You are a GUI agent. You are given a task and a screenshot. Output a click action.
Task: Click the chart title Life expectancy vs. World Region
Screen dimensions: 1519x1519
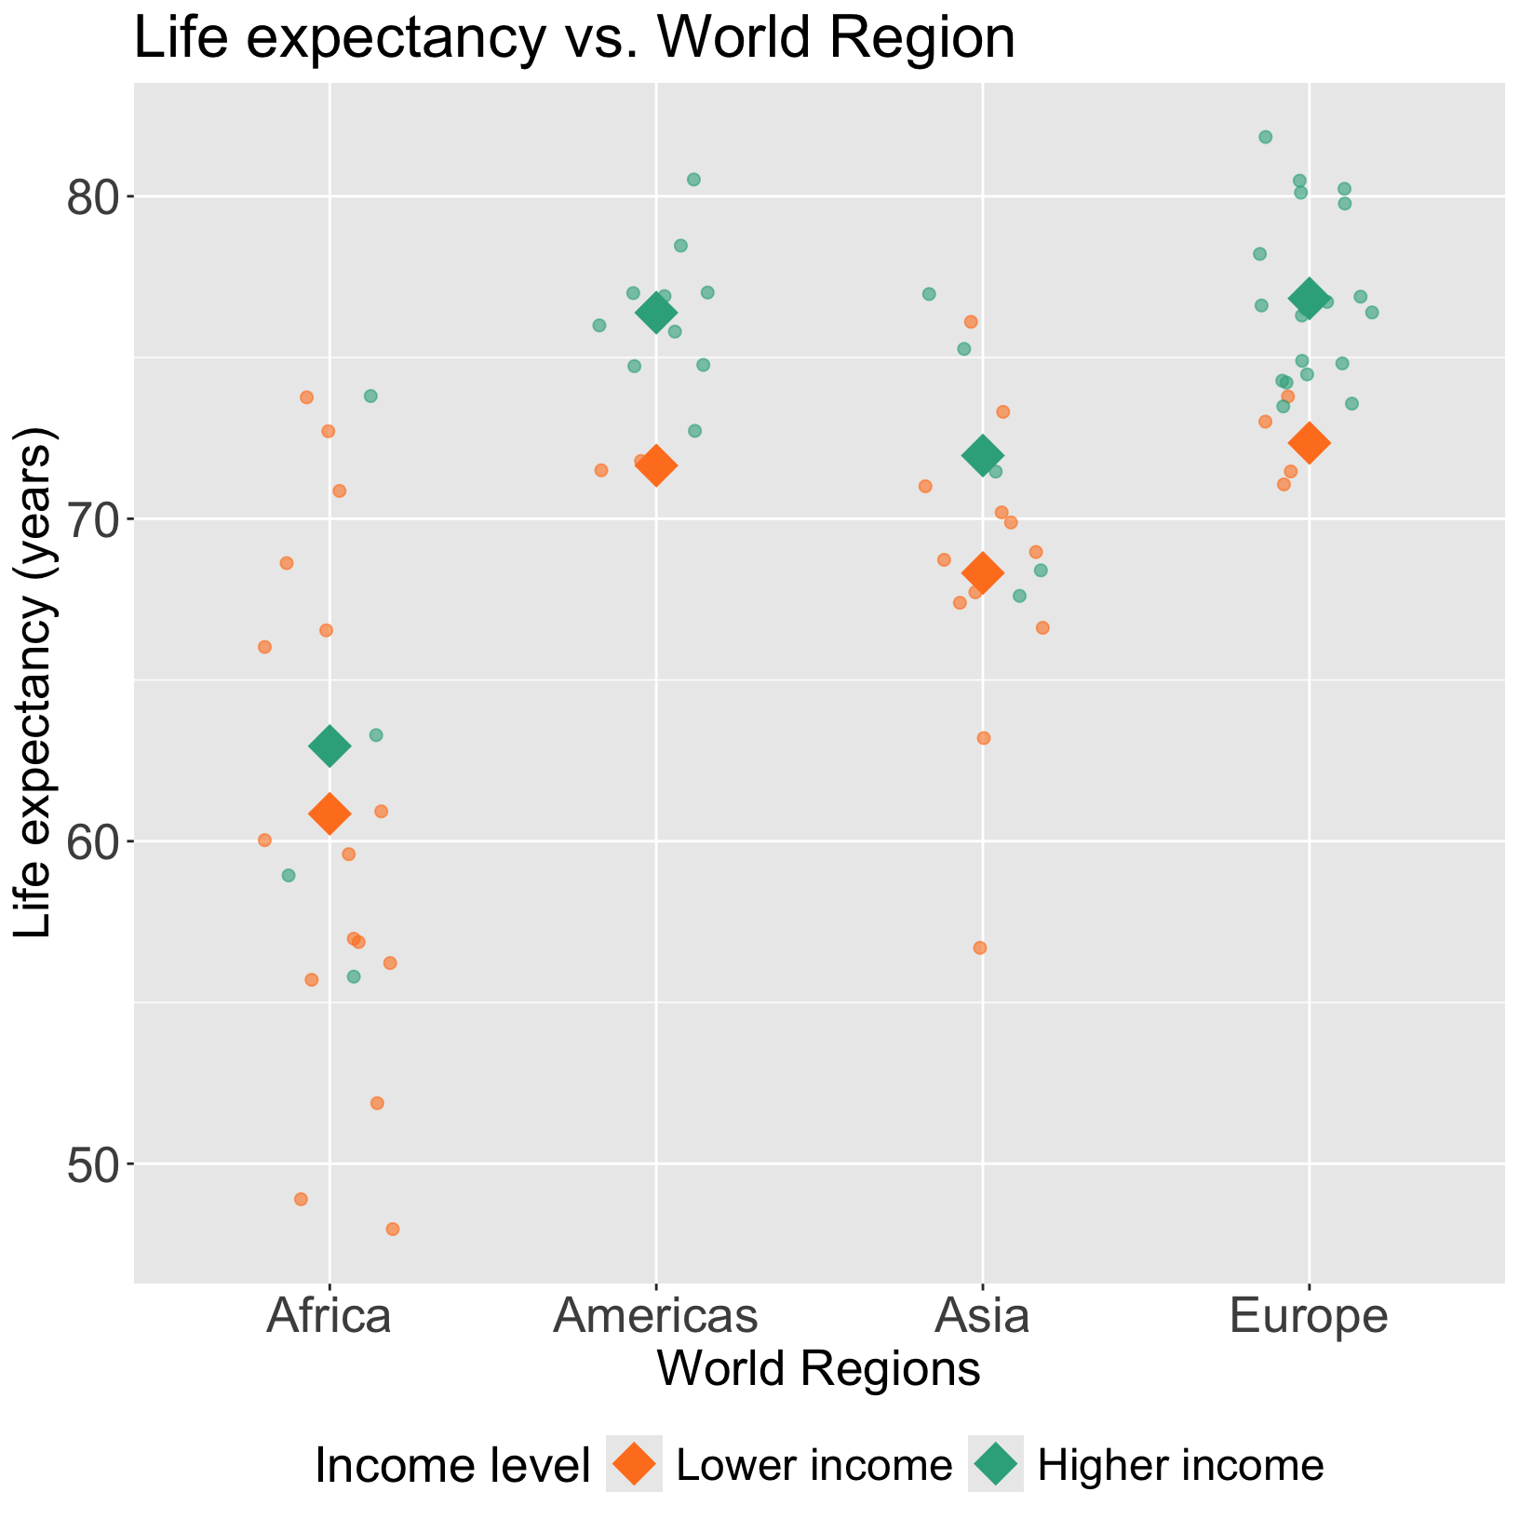click(574, 39)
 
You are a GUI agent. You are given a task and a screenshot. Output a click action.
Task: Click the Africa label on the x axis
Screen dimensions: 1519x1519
click(329, 1317)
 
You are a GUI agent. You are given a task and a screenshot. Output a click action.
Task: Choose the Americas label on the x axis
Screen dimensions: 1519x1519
click(655, 1317)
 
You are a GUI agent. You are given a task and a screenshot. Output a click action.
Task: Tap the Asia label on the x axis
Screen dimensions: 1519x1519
click(982, 1317)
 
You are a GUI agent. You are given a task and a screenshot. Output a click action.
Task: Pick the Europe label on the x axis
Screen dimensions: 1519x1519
click(1309, 1317)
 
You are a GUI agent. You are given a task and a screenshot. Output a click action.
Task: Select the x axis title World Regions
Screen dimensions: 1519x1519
click(819, 1370)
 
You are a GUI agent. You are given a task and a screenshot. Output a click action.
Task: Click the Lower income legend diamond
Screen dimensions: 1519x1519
click(634, 1464)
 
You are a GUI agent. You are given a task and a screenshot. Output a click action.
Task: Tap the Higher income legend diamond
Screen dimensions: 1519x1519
click(996, 1464)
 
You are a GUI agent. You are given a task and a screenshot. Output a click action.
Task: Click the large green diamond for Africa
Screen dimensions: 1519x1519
click(329, 746)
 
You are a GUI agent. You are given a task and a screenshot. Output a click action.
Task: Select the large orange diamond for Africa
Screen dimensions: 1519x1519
click(329, 813)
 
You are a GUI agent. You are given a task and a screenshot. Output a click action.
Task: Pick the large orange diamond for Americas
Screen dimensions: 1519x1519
click(655, 465)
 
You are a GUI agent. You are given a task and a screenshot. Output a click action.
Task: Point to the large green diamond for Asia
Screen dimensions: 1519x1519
click(983, 456)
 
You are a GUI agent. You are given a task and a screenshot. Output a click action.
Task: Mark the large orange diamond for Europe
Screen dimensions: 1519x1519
click(1310, 443)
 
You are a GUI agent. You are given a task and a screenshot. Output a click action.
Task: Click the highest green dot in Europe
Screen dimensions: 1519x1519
click(1266, 137)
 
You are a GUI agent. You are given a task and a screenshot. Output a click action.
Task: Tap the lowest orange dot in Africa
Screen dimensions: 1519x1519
click(393, 1229)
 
